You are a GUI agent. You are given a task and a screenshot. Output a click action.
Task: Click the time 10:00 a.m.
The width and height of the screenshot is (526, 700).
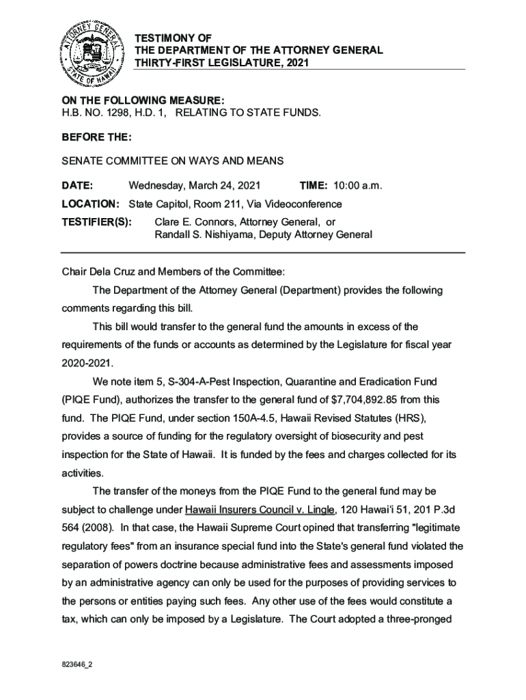pyautogui.click(x=358, y=185)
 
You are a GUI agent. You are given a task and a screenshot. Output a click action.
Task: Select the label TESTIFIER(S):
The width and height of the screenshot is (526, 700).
pyautogui.click(x=96, y=222)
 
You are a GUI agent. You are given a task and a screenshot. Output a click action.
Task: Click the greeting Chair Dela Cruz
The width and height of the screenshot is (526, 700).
pyautogui.click(x=97, y=271)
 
